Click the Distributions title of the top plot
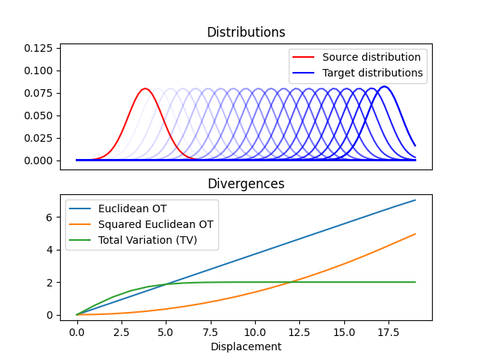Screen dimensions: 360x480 click(246, 33)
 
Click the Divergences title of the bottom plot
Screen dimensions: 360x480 click(246, 184)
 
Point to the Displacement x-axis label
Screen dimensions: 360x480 click(246, 346)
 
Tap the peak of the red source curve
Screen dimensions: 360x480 click(145, 89)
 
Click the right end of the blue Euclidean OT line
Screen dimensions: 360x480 click(415, 200)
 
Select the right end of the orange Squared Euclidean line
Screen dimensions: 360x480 click(415, 234)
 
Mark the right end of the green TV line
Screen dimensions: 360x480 click(415, 282)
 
